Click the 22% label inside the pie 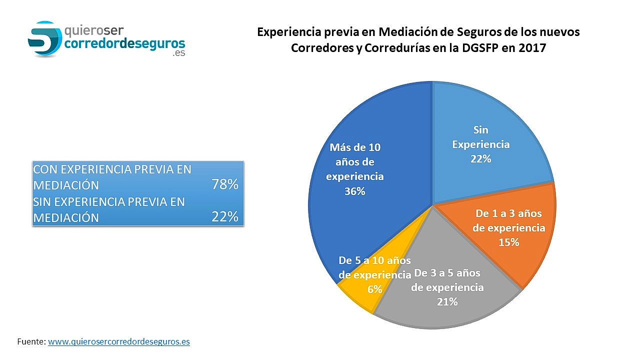(x=480, y=159)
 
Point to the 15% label (x=509, y=242)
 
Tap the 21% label (x=447, y=301)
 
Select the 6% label (x=375, y=289)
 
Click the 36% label (x=355, y=191)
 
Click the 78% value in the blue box (x=224, y=184)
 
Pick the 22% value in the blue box (x=224, y=217)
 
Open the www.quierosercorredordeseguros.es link (x=118, y=342)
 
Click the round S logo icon (x=44, y=38)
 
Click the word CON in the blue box (x=43, y=169)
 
